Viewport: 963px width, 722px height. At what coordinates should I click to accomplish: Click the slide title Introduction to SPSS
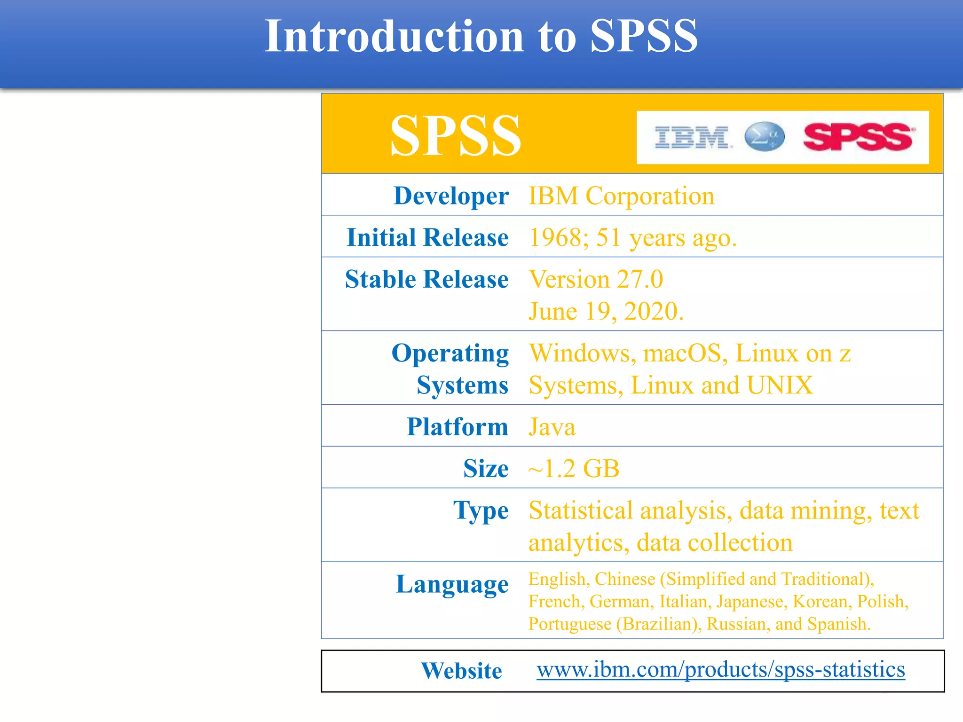[x=481, y=36]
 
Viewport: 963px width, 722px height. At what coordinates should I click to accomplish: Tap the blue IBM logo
[x=693, y=137]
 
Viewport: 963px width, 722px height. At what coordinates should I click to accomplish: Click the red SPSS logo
[x=858, y=137]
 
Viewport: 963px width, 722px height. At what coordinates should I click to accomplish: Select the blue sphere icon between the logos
[x=765, y=137]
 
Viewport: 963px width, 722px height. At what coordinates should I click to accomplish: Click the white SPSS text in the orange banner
[x=455, y=136]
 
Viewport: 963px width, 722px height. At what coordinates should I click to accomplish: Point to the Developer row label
[x=451, y=196]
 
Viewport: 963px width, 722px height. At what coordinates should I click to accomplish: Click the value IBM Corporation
[x=621, y=196]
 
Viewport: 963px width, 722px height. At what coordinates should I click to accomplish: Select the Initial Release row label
[x=427, y=237]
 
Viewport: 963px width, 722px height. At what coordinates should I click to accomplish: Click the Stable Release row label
[x=426, y=279]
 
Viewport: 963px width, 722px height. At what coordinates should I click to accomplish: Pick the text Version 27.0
[x=596, y=279]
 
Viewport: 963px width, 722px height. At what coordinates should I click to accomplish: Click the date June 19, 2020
[x=606, y=311]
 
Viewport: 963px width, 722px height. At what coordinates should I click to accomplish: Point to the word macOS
[x=682, y=353]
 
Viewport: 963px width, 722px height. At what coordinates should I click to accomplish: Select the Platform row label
[x=457, y=427]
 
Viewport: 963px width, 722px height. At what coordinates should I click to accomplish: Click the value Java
[x=552, y=427]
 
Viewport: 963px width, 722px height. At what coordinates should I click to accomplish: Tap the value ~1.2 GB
[x=574, y=469]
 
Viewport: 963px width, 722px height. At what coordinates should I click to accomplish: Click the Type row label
[x=481, y=511]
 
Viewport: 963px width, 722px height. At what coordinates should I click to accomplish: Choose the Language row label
[x=452, y=585]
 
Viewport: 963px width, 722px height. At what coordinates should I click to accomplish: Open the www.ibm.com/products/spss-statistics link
[x=720, y=669]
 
